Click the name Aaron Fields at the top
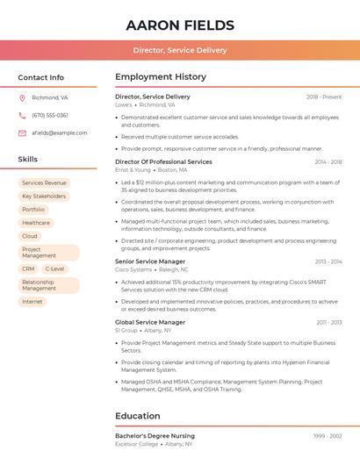click(180, 25)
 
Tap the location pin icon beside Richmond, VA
click(22, 98)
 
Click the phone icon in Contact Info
click(22, 115)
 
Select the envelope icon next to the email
click(22, 132)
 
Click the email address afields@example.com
click(59, 132)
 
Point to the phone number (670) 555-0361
click(50, 115)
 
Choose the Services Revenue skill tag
click(44, 182)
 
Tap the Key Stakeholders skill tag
click(44, 197)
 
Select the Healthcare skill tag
click(36, 223)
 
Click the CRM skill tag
click(28, 268)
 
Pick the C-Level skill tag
click(54, 268)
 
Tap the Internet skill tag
click(32, 302)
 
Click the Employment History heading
click(161, 77)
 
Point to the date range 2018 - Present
click(324, 97)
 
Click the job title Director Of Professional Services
click(163, 161)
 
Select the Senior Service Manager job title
click(150, 261)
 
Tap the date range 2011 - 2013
click(329, 322)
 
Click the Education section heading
click(138, 416)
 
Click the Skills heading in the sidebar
click(28, 160)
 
